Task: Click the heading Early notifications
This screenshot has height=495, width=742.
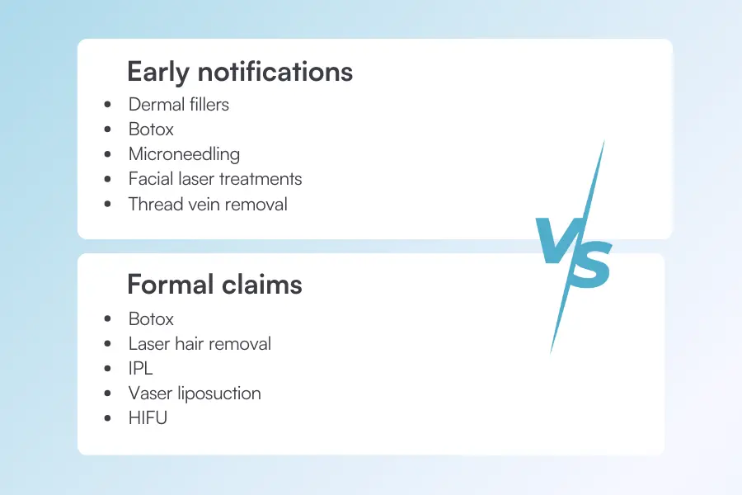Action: pyautogui.click(x=239, y=72)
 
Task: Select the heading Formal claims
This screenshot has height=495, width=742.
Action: pyautogui.click(x=214, y=285)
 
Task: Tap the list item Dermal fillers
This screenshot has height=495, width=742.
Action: pyautogui.click(x=178, y=105)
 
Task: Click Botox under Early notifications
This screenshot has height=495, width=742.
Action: pyautogui.click(x=151, y=130)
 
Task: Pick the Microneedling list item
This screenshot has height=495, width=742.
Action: pyautogui.click(x=184, y=154)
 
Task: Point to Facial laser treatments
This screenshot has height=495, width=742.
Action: pyautogui.click(x=215, y=179)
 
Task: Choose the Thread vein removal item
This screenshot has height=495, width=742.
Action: pyautogui.click(x=208, y=204)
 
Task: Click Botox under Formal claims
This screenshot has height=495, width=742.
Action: pyautogui.click(x=151, y=319)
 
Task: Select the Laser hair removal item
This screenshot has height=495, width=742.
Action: pyautogui.click(x=200, y=344)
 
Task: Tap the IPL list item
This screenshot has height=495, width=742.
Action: pyautogui.click(x=140, y=369)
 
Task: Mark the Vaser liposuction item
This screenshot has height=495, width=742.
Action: pyautogui.click(x=195, y=394)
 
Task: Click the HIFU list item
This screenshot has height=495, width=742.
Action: pyautogui.click(x=148, y=418)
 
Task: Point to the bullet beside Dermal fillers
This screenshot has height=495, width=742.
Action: pyautogui.click(x=109, y=106)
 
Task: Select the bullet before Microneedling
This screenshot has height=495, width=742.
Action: pyautogui.click(x=109, y=155)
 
